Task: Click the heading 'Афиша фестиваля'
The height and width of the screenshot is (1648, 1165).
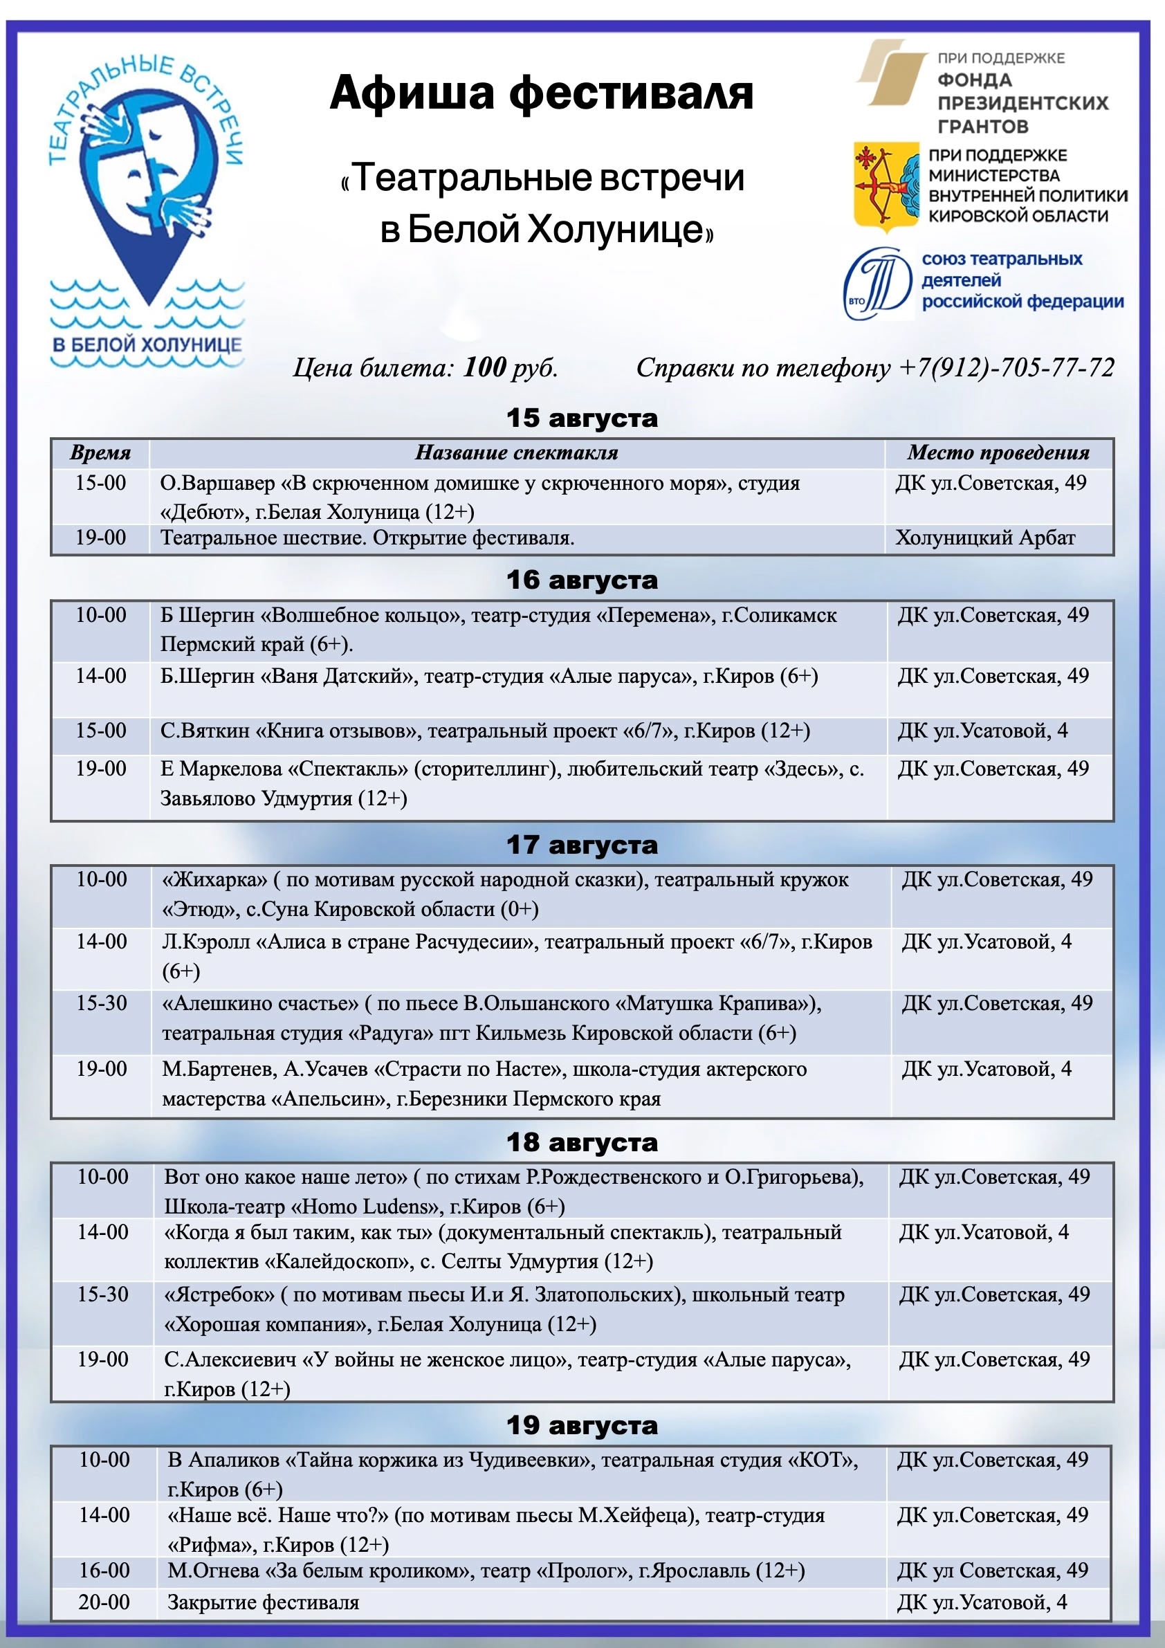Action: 541,93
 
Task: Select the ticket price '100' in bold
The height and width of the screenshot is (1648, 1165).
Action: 484,367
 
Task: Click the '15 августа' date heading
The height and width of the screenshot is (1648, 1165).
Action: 581,419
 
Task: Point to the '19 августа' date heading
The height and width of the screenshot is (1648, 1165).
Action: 581,1425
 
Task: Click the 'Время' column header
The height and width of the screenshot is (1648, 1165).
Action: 100,453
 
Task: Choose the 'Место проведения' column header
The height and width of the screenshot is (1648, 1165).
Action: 998,453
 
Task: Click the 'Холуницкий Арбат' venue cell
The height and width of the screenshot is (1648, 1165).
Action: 985,538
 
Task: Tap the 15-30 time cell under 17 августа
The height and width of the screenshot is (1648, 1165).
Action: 101,1002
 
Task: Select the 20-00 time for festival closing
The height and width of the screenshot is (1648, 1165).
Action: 104,1602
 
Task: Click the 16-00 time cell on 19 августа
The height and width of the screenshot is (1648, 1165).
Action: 104,1570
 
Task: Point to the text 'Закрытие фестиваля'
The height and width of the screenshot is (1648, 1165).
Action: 263,1602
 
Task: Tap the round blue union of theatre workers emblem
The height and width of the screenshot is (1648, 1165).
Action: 877,283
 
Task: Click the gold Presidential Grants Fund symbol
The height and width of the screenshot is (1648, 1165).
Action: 892,73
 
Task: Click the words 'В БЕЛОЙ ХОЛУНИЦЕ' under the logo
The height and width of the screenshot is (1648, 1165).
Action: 147,345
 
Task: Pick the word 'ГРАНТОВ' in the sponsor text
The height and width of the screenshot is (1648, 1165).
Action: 982,127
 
